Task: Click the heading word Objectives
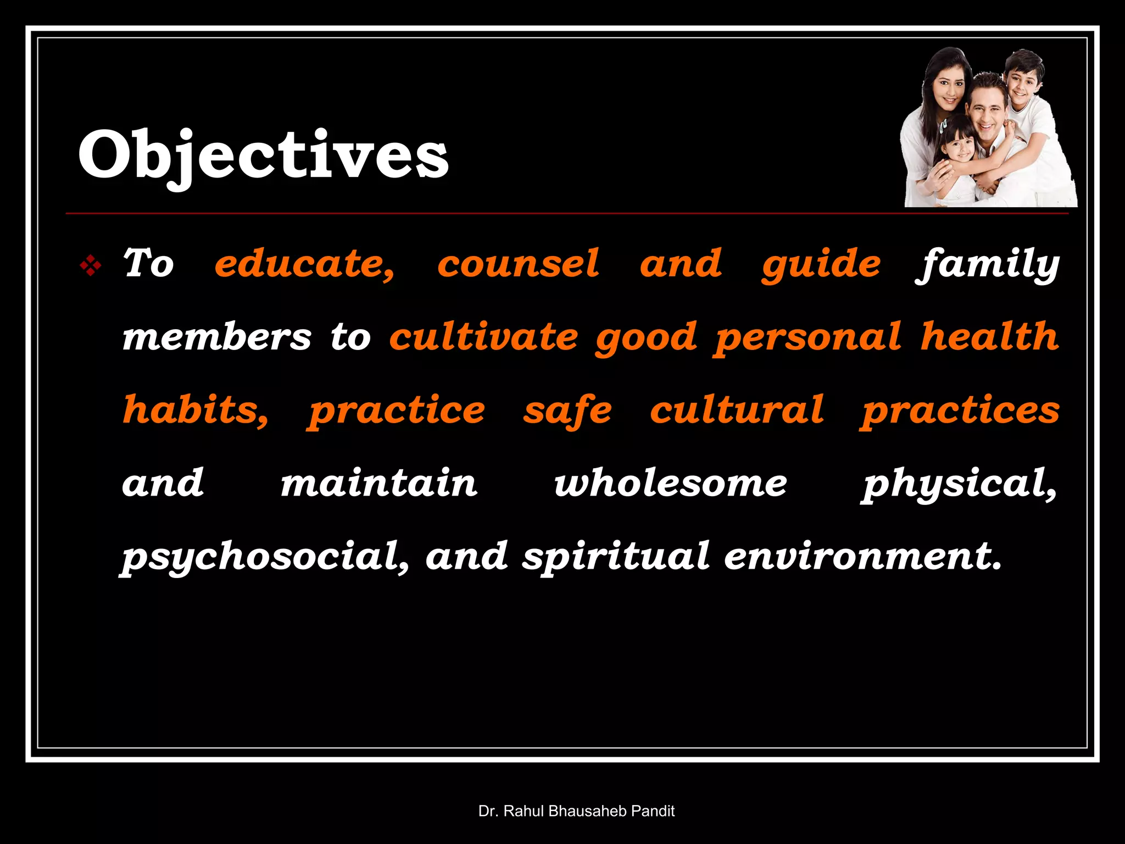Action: click(x=263, y=155)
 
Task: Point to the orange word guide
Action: click(x=821, y=265)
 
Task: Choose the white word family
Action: click(x=987, y=265)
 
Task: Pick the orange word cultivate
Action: click(x=483, y=337)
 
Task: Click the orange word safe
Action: click(x=567, y=410)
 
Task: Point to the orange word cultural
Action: click(x=737, y=410)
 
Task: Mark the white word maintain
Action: click(x=379, y=484)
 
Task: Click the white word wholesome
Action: click(x=671, y=484)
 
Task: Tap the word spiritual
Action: click(x=616, y=557)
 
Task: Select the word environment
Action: click(x=863, y=557)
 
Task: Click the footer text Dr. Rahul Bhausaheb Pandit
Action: click(x=576, y=811)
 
